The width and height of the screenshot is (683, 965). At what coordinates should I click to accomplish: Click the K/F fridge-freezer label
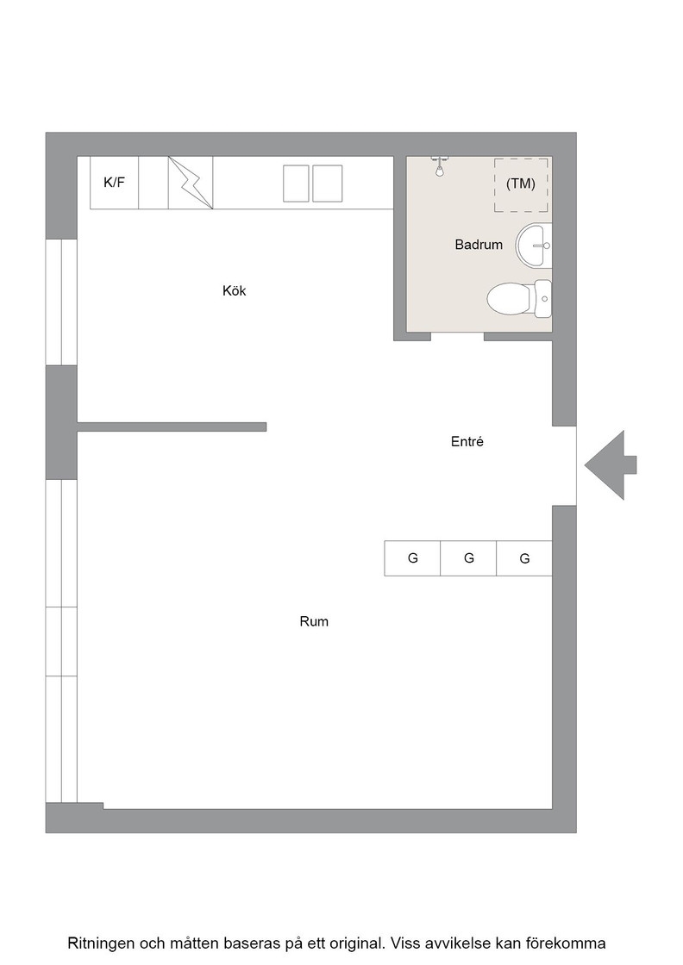point(114,182)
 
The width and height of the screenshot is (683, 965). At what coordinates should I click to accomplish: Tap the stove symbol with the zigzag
point(191,183)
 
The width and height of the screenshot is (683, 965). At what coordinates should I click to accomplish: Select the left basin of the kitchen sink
point(296,184)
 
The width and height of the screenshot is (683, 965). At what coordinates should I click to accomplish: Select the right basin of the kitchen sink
point(327,184)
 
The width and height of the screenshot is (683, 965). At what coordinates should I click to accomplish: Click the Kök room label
point(234,290)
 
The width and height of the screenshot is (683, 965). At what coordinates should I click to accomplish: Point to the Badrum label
point(479,245)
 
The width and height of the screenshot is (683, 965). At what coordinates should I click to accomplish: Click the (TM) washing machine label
point(520,184)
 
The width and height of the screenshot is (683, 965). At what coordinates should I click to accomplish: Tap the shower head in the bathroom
point(439,167)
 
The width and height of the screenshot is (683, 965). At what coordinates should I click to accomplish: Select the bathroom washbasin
point(533,246)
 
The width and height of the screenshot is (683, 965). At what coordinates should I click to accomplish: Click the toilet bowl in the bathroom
point(510,299)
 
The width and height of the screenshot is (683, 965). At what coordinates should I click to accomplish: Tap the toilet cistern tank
point(542,299)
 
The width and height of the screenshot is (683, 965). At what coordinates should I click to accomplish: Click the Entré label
point(467,441)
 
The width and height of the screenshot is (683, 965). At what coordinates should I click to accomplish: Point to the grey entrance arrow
point(611,464)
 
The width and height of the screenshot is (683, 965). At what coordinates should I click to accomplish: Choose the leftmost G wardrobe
point(412,558)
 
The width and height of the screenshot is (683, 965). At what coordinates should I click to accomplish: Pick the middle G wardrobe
point(468,558)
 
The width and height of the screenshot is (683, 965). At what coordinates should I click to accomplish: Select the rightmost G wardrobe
point(524,558)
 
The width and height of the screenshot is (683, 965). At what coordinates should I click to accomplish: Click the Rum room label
point(314,621)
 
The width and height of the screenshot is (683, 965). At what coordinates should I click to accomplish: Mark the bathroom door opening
point(458,336)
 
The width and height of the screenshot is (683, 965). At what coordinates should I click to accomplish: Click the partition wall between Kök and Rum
point(172,426)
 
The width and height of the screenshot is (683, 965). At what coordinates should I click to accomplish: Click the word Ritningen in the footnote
point(100,943)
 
